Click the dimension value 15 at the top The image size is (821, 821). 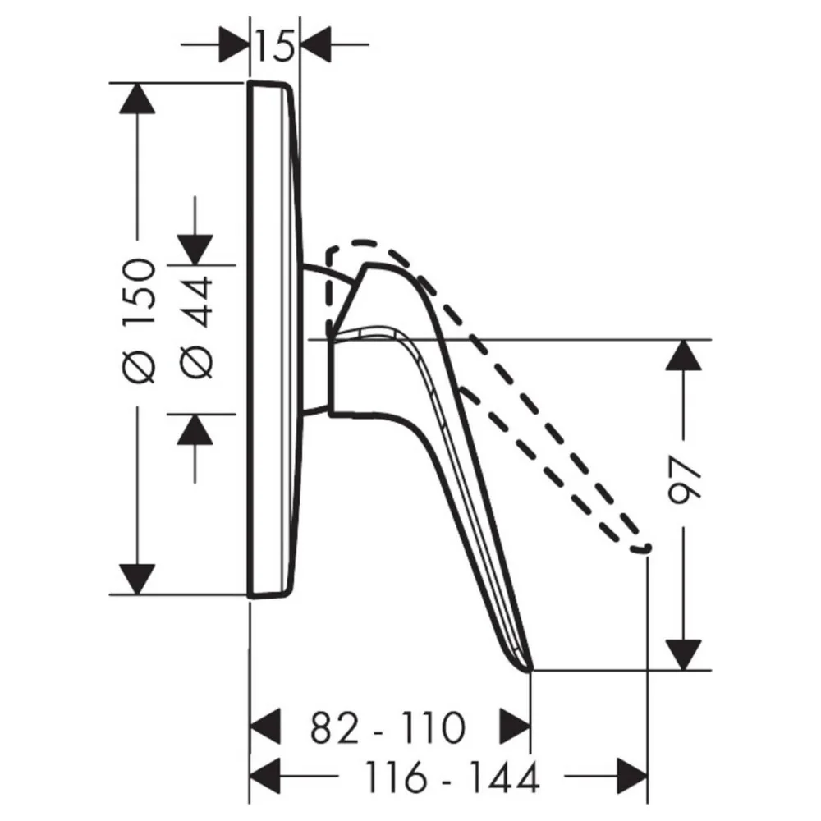point(274,45)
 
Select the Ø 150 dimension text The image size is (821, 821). point(140,320)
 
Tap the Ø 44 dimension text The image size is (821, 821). point(196,328)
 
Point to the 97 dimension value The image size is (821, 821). point(685,479)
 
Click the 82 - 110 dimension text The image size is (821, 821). point(388,727)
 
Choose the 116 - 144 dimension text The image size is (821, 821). point(452,777)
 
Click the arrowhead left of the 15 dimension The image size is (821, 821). point(233,44)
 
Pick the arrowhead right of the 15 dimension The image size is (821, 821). point(316,44)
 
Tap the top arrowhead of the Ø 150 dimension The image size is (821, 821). point(137,99)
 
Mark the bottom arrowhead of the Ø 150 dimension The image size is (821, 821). point(137,580)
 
